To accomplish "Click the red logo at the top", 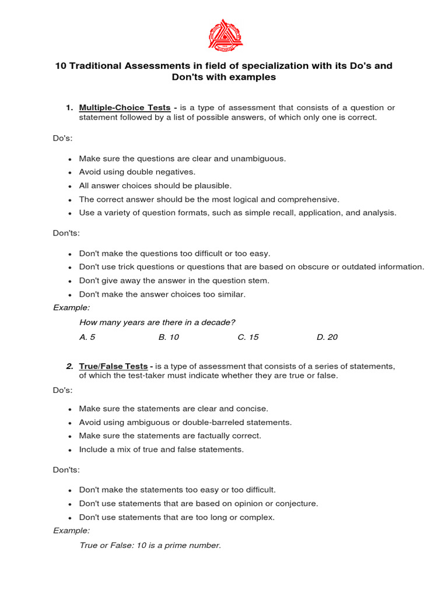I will pos(225,33).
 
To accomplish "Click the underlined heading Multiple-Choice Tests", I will pos(125,107).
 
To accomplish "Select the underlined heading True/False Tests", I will pos(113,366).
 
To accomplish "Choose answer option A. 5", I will pos(87,337).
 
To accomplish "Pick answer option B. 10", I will pos(169,337).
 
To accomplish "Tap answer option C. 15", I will pos(248,337).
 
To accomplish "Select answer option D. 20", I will pos(327,337).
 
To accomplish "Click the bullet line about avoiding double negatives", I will pos(137,172).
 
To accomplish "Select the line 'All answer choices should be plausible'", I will pos(155,185).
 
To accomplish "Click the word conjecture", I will pos(297,503).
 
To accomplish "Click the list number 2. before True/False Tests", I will pos(69,366).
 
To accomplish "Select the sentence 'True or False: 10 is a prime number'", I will pos(150,545).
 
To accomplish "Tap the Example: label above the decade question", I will pos(72,307).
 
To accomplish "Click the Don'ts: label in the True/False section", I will pos(66,469).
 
